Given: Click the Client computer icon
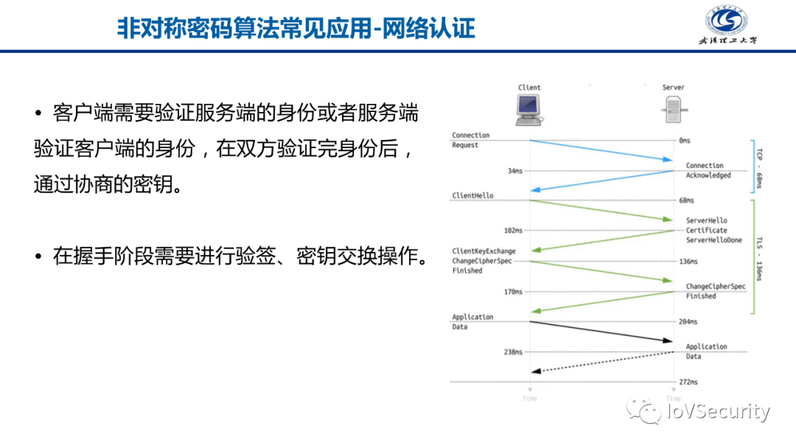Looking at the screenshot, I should click(x=529, y=110).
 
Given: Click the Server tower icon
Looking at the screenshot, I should click(x=673, y=111).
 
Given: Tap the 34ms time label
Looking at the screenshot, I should click(x=514, y=171).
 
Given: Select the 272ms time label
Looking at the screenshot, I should click(x=688, y=382).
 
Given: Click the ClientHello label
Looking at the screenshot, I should click(x=472, y=196).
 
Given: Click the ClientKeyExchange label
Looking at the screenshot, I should click(x=483, y=251).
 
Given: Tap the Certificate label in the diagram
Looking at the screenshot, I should click(x=706, y=231).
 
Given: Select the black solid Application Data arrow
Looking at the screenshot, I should click(x=601, y=331).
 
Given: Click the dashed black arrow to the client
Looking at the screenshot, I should click(x=601, y=362).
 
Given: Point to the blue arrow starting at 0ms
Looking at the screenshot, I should click(x=601, y=150).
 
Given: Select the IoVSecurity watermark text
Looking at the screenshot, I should click(x=718, y=412).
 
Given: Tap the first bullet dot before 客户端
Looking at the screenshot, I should click(x=38, y=113).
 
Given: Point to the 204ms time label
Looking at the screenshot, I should click(x=688, y=322).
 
